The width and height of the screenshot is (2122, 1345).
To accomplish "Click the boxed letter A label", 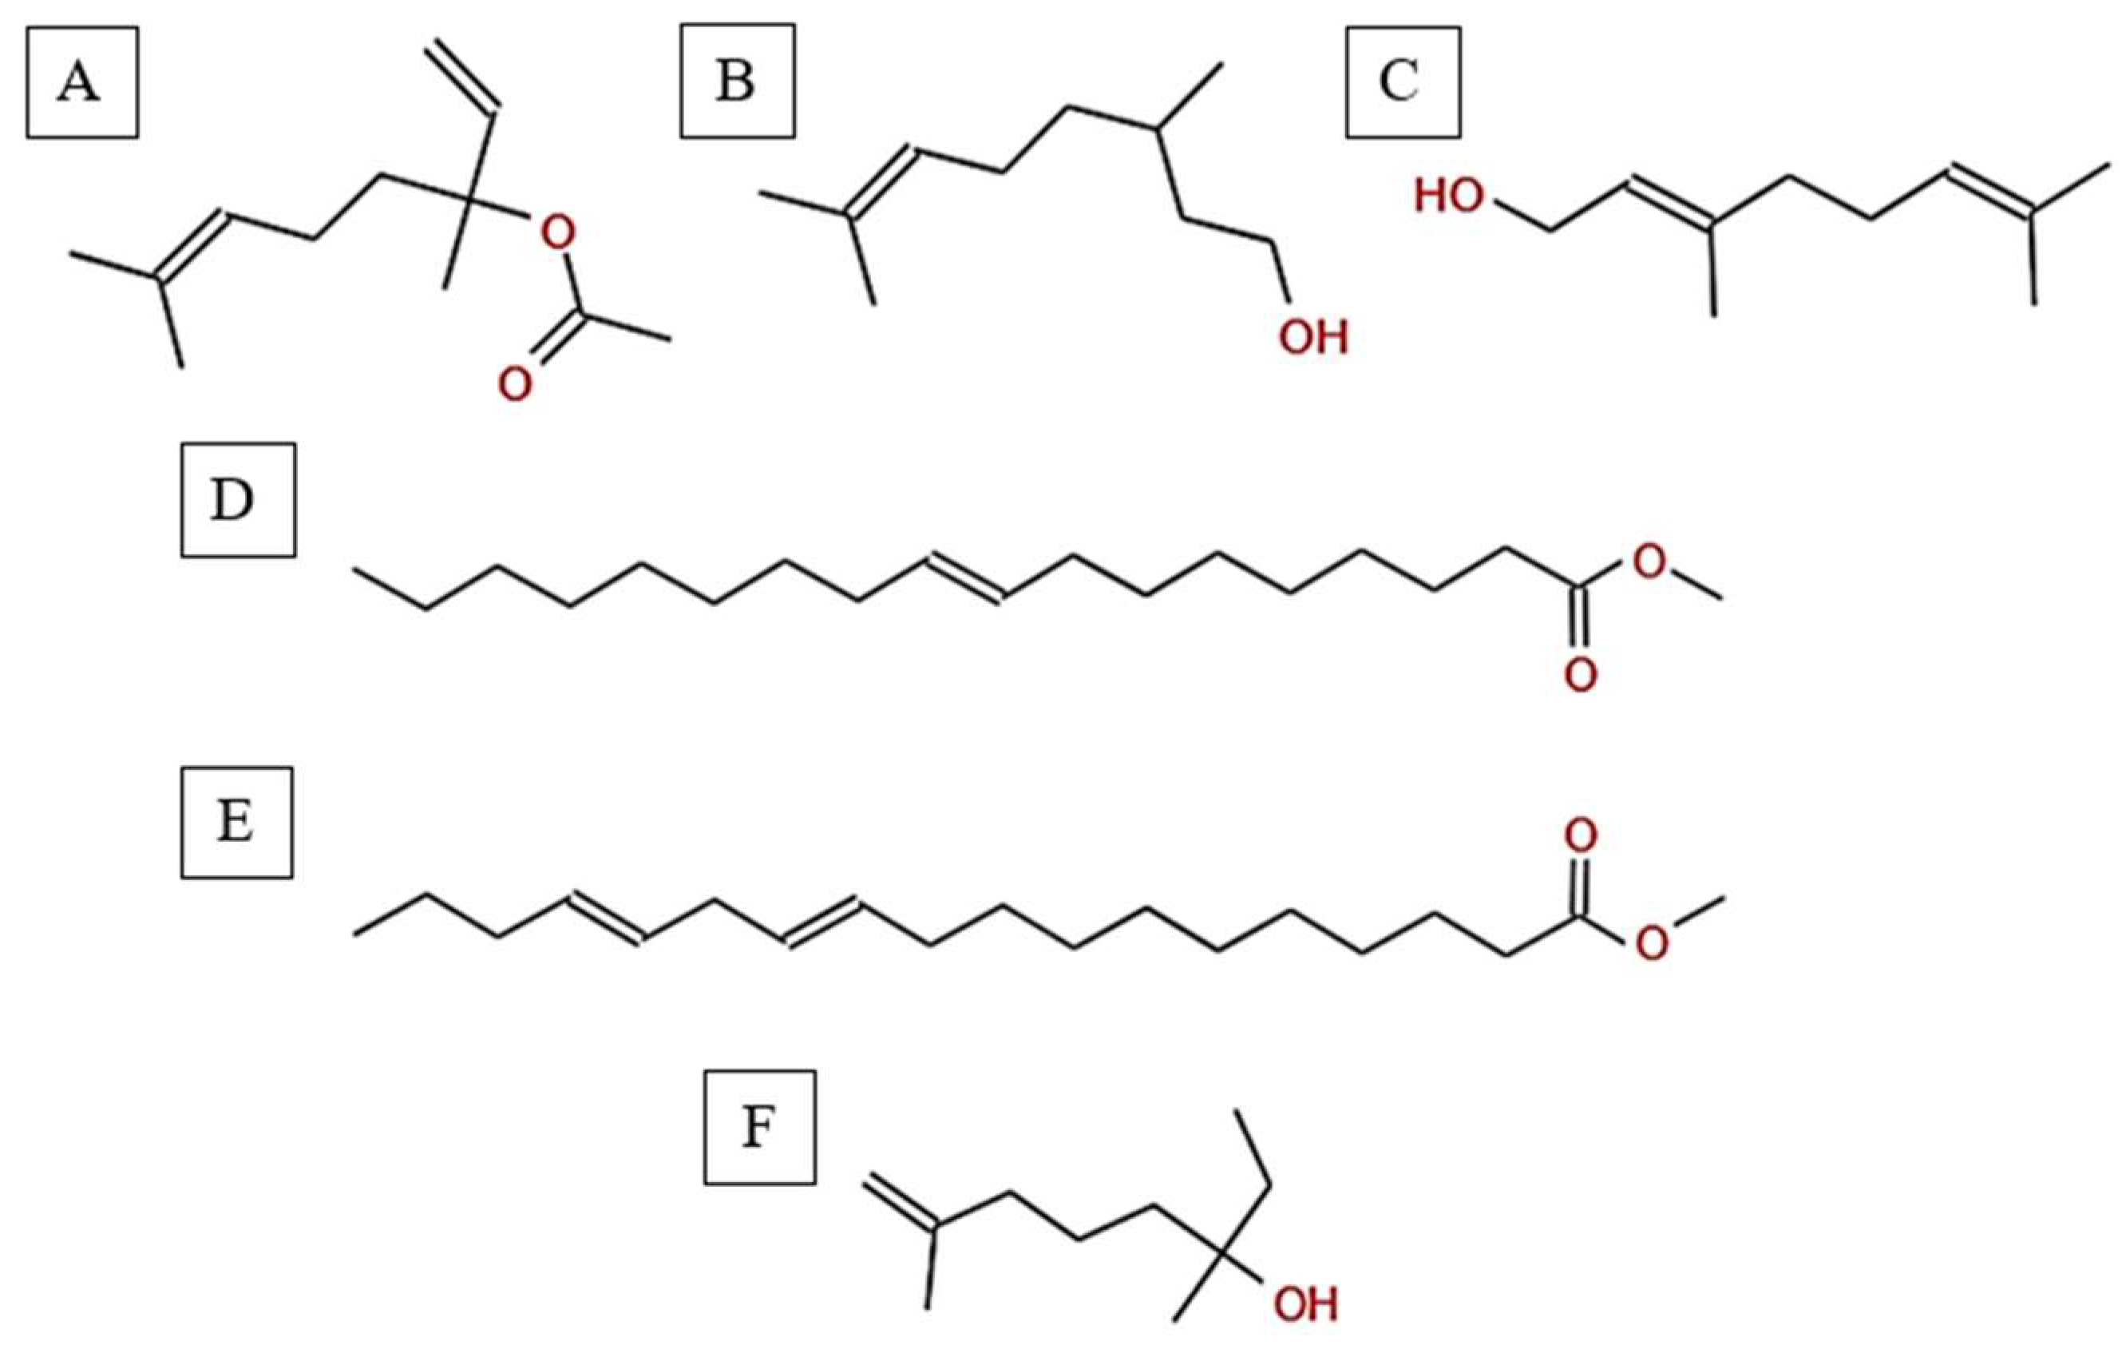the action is (82, 83).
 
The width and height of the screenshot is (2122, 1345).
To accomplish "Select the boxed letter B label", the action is (738, 81).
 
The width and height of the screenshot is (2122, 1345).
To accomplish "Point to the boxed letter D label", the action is (238, 501).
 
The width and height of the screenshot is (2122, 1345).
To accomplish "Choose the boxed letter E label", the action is (236, 823).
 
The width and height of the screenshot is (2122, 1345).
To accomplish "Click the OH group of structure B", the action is (1313, 338).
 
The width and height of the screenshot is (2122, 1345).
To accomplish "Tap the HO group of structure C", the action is (1450, 196).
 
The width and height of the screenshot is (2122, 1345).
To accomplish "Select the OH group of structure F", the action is (1305, 1304).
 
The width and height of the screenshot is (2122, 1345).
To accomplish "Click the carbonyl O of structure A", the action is (515, 384).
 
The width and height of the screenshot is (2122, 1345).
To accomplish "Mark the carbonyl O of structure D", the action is (1580, 675).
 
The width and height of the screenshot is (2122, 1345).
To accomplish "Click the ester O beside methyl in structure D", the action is (1649, 561).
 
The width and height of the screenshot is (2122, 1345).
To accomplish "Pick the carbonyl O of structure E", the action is (1580, 835).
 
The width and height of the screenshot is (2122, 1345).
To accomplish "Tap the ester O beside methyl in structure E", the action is (1652, 944).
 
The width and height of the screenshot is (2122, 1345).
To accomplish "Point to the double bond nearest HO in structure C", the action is (1669, 203).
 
